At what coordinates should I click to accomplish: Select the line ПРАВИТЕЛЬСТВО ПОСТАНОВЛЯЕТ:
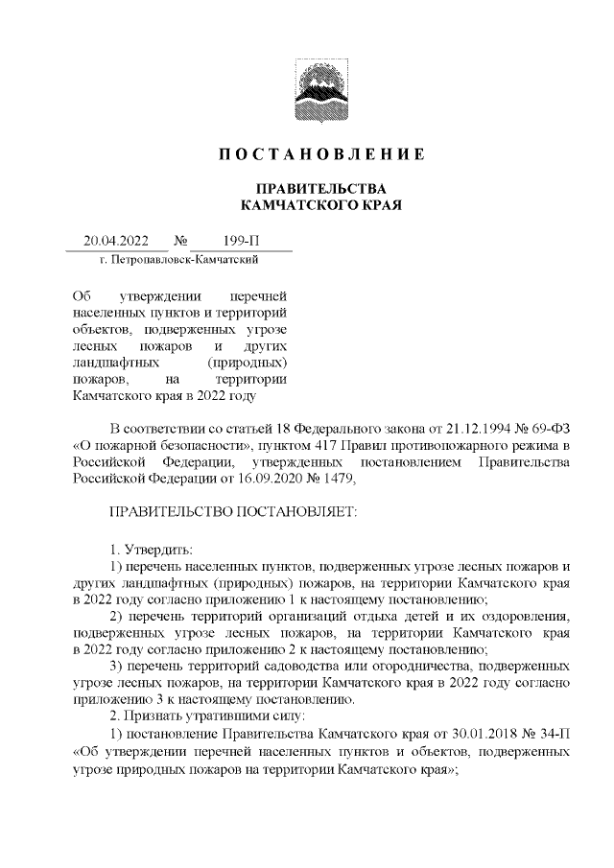click(233, 513)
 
